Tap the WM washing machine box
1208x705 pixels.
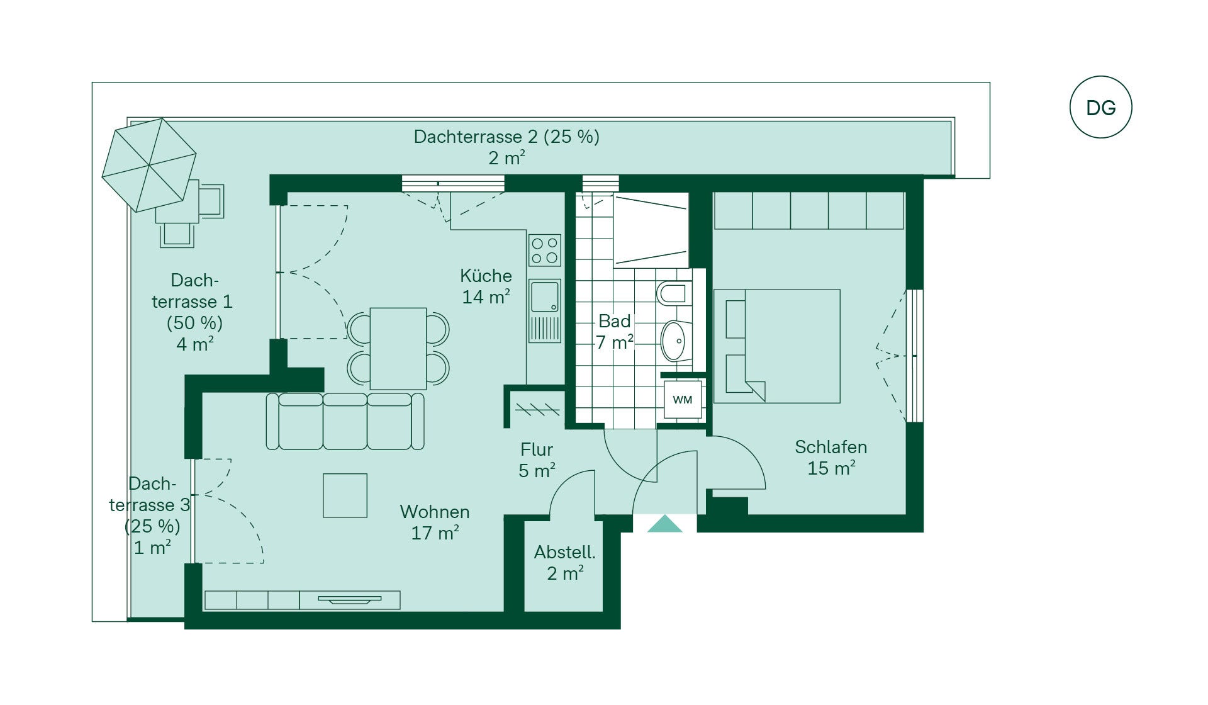(x=683, y=400)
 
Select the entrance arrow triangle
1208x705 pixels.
(x=665, y=524)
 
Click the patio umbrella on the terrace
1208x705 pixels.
(x=149, y=165)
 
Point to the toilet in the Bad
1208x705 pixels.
(x=674, y=293)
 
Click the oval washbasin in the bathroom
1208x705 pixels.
(x=674, y=341)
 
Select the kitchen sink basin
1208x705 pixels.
(x=545, y=296)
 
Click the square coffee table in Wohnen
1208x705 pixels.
(x=345, y=495)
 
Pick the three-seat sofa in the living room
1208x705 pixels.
(x=345, y=421)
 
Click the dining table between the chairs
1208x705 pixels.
(x=398, y=348)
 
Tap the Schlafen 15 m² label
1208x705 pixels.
(x=831, y=458)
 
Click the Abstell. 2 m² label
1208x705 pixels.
(x=565, y=563)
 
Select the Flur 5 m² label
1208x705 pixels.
(x=537, y=460)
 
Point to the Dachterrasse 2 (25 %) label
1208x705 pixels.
(x=506, y=137)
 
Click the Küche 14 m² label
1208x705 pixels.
(x=486, y=286)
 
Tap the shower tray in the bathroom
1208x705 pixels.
(x=651, y=230)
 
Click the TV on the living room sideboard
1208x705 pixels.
(x=350, y=599)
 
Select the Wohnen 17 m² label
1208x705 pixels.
(x=435, y=522)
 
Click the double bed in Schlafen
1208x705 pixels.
(x=777, y=346)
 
